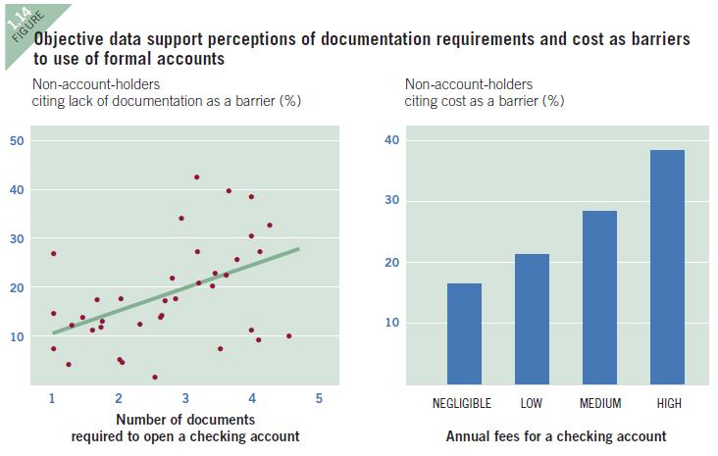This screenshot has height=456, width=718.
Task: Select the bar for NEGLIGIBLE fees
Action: click(464, 333)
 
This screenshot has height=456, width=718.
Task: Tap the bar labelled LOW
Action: click(532, 319)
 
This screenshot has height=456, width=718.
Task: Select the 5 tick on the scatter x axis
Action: click(319, 398)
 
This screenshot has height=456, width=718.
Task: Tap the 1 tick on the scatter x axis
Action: click(52, 398)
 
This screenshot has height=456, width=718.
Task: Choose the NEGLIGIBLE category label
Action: click(464, 403)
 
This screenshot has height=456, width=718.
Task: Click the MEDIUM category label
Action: click(600, 403)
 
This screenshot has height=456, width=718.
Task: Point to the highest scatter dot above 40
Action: click(196, 177)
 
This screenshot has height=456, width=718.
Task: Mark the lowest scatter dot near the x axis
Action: click(155, 377)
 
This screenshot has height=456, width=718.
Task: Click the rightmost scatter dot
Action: click(288, 336)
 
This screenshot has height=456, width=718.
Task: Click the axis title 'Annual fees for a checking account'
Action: click(555, 435)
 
